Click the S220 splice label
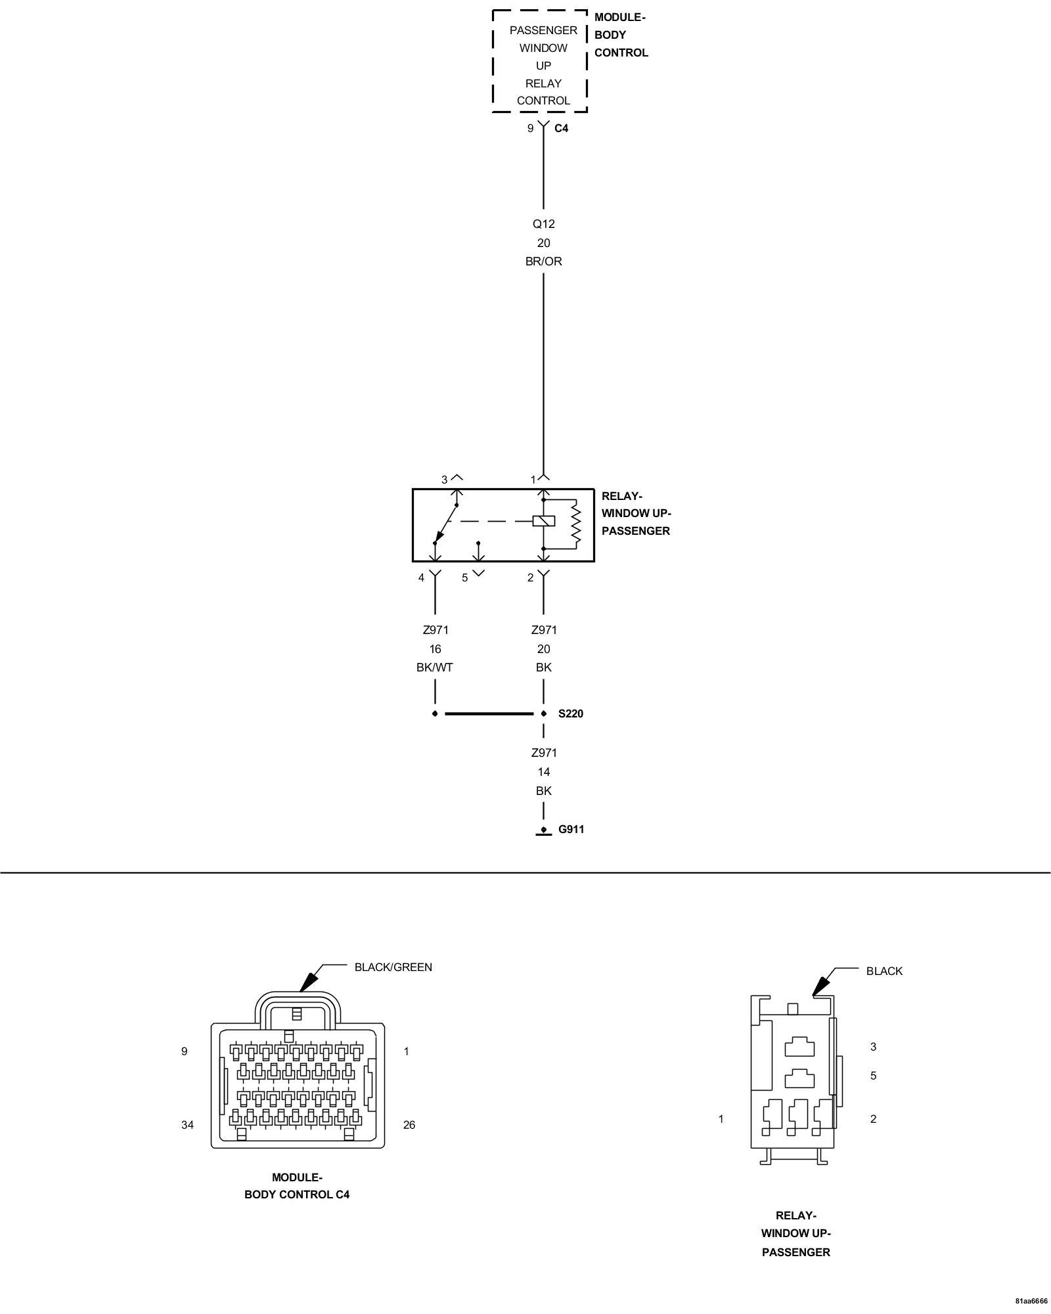pos(570,714)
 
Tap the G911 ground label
pos(571,829)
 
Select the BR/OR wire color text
pos(543,261)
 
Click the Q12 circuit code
pos(543,223)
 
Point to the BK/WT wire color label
pos(434,667)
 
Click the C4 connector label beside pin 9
pos(561,128)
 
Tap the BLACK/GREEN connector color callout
pos(393,966)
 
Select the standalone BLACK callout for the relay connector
pos(883,970)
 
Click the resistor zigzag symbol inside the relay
pos(575,524)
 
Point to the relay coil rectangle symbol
pos(544,521)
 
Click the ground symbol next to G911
pos(543,832)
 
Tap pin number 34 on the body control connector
pos(187,1124)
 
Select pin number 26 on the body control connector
pos(409,1124)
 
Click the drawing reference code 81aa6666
pos(1031,1300)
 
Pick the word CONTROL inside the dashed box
pos(543,101)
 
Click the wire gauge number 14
pos(543,771)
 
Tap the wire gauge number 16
pos(435,648)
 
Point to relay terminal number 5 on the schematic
pos(464,578)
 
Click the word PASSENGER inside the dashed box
pos(543,30)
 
